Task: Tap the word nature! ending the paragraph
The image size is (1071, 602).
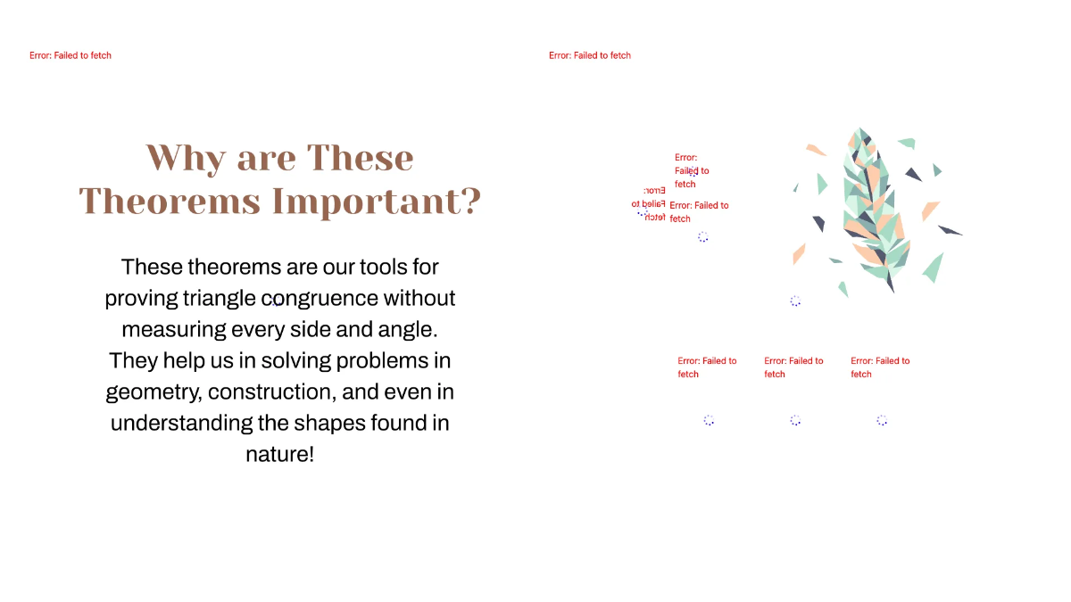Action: pos(280,454)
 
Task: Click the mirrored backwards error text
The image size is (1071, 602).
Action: pos(649,203)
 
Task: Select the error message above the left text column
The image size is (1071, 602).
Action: pos(71,55)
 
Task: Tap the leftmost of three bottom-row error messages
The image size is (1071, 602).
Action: pos(707,367)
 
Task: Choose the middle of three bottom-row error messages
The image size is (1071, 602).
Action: pos(793,367)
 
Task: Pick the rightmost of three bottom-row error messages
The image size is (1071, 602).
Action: pos(880,367)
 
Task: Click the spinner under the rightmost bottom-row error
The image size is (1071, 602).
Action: pos(882,420)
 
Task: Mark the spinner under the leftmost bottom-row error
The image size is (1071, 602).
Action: pos(709,420)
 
